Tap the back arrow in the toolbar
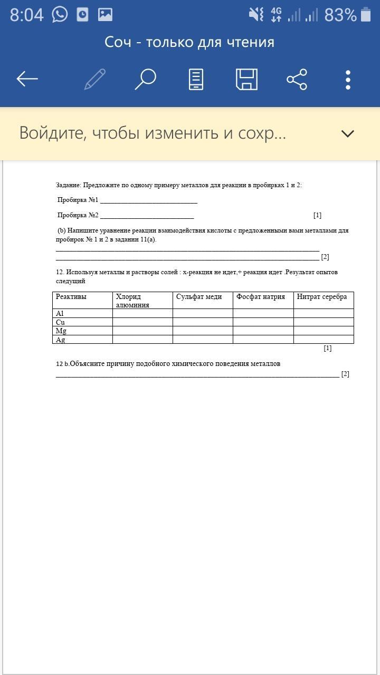(x=27, y=79)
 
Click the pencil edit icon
(x=95, y=79)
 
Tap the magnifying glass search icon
(x=145, y=79)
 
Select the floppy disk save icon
(x=246, y=79)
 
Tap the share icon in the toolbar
(x=297, y=79)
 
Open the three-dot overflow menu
(x=348, y=79)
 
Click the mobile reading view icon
(x=196, y=79)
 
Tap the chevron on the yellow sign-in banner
(x=347, y=133)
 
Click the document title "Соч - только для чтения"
(x=189, y=42)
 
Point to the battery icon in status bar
(x=366, y=14)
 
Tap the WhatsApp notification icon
(x=60, y=14)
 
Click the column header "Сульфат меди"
(x=199, y=297)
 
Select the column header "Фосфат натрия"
(x=261, y=297)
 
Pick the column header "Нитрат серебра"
(x=322, y=297)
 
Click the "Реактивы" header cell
(x=71, y=297)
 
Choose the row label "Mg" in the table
(x=61, y=331)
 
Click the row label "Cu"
(x=61, y=322)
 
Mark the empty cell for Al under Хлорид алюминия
(x=142, y=313)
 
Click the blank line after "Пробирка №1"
(x=148, y=200)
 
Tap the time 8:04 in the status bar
(x=26, y=15)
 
